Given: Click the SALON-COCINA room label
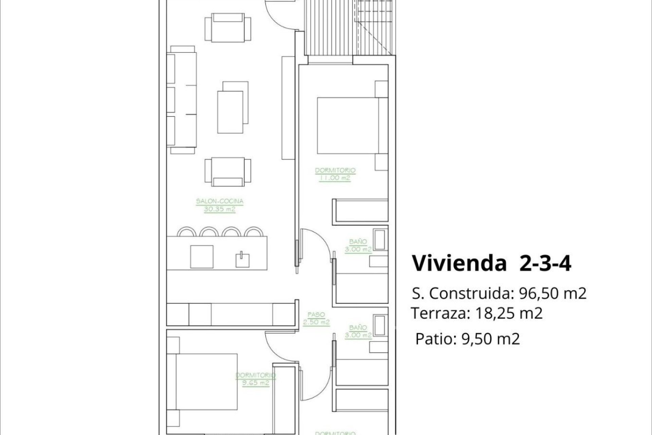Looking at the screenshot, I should click(220, 201).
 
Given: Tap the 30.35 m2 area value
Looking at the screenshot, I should click(220, 209).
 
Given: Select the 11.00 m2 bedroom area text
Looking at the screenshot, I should click(335, 178).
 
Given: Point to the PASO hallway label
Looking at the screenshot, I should click(316, 315).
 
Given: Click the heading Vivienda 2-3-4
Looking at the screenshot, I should click(491, 263).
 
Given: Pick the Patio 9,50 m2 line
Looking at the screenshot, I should click(467, 339).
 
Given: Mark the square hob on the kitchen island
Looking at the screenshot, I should click(202, 257).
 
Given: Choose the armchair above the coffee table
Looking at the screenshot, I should click(228, 28).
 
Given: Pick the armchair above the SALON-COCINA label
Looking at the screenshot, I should click(228, 172).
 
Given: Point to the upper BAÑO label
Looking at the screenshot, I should click(358, 242).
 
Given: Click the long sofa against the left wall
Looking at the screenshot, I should click(182, 100).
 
